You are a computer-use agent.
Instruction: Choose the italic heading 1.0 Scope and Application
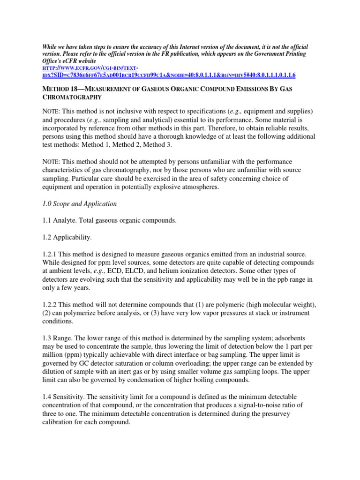[x=79, y=204]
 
